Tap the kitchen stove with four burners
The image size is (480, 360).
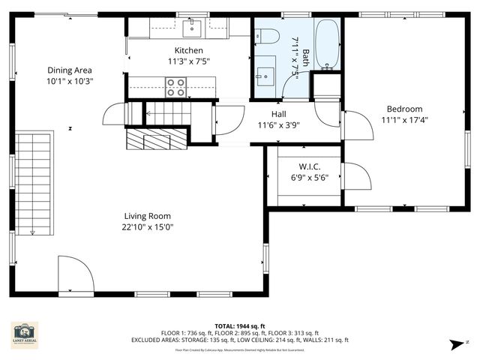(176, 88)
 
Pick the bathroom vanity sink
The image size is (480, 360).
(265, 74)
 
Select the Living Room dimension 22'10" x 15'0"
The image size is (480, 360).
(148, 226)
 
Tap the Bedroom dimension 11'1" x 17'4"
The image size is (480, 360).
(404, 119)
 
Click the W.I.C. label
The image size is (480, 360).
(309, 166)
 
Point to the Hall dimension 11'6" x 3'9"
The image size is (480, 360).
(277, 125)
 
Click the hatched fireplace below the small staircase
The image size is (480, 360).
(147, 139)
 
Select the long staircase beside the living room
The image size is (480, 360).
(34, 183)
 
